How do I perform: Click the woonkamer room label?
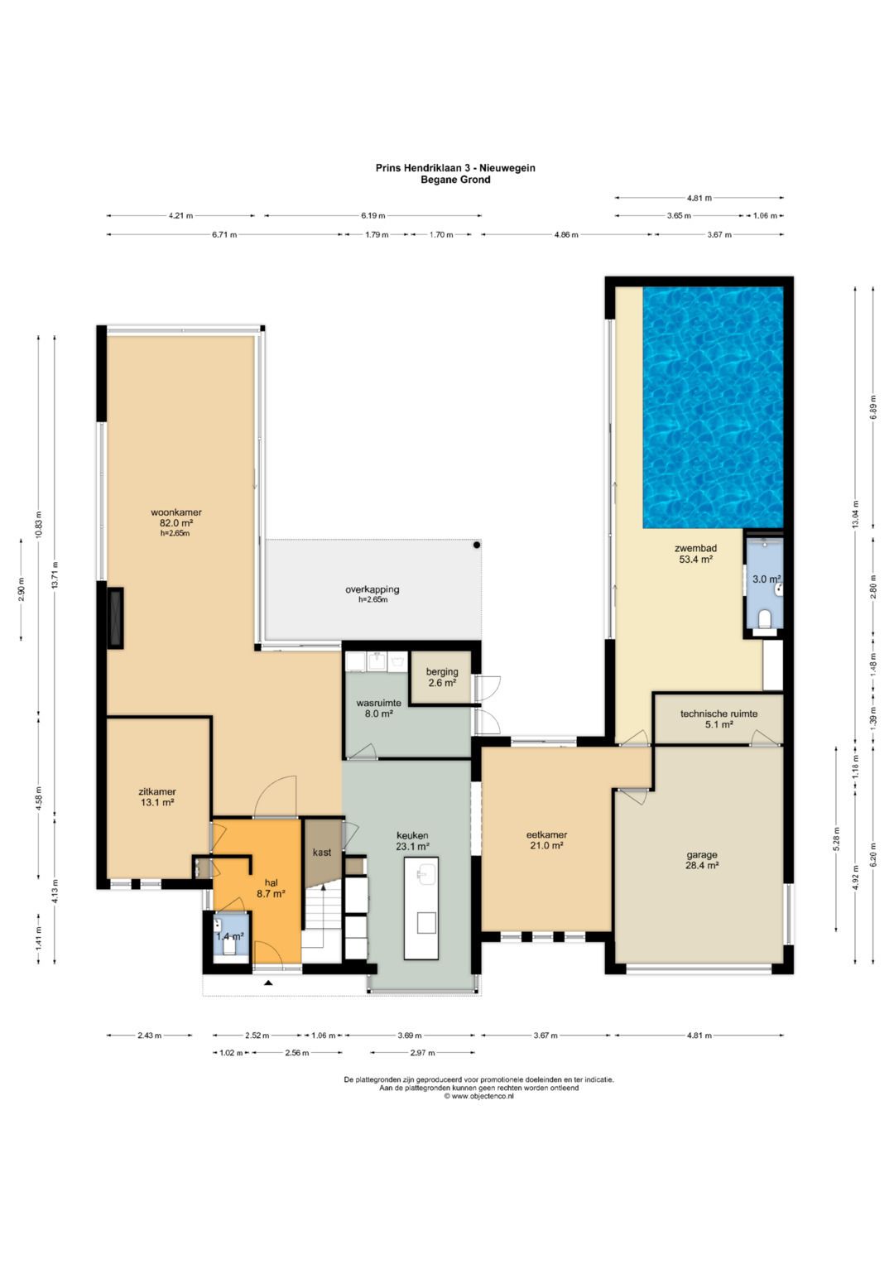pyautogui.click(x=176, y=512)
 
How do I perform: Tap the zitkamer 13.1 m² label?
pyautogui.click(x=157, y=796)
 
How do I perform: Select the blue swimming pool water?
pyautogui.click(x=713, y=407)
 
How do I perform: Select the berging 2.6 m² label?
pyautogui.click(x=442, y=677)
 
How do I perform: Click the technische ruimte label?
pyautogui.click(x=719, y=714)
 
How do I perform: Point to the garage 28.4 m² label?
pyautogui.click(x=702, y=860)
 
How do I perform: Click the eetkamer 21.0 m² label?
pyautogui.click(x=546, y=840)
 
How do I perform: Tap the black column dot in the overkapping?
pyautogui.click(x=477, y=545)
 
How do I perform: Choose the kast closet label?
pyautogui.click(x=322, y=852)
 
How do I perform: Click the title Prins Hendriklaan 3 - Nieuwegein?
pyautogui.click(x=455, y=167)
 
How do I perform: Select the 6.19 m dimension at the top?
pyautogui.click(x=373, y=215)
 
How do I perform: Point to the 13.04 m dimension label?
pyautogui.click(x=856, y=513)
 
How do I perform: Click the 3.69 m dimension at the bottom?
pyautogui.click(x=409, y=1036)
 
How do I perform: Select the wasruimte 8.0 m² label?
pyautogui.click(x=378, y=709)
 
